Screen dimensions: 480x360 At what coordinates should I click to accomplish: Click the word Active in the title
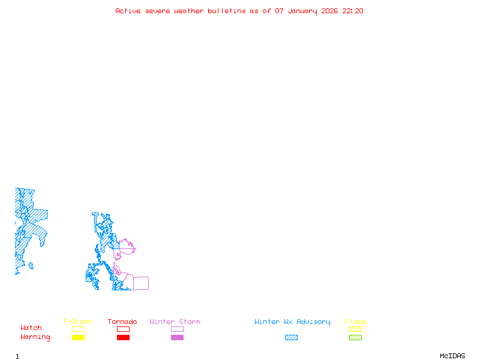pyautogui.click(x=128, y=11)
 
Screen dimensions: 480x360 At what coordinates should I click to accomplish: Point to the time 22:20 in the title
pyautogui.click(x=353, y=11)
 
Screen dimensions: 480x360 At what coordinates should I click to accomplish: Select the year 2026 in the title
pyautogui.click(x=330, y=11)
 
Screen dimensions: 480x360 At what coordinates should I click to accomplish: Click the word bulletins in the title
pyautogui.click(x=226, y=11)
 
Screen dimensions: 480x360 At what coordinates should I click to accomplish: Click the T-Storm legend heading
pyautogui.click(x=77, y=322)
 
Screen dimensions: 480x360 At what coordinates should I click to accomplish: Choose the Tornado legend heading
pyautogui.click(x=122, y=322)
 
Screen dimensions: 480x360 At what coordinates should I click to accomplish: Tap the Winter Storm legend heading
pyautogui.click(x=175, y=322)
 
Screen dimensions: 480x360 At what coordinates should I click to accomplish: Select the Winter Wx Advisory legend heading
pyautogui.click(x=292, y=322)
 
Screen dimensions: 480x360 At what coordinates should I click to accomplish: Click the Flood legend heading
pyautogui.click(x=355, y=322)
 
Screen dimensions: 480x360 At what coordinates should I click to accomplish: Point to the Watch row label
pyautogui.click(x=31, y=328)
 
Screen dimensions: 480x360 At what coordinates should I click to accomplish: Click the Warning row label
pyautogui.click(x=35, y=337)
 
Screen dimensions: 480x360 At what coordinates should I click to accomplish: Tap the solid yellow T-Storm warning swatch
pyautogui.click(x=78, y=338)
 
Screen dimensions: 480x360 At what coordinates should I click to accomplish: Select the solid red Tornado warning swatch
pyautogui.click(x=123, y=338)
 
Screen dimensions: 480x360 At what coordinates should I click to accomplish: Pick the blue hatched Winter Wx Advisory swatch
pyautogui.click(x=291, y=338)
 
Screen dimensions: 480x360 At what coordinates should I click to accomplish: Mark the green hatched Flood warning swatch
pyautogui.click(x=355, y=338)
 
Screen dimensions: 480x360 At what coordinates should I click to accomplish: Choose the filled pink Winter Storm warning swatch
pyautogui.click(x=177, y=338)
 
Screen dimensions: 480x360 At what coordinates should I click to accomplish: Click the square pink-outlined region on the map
pyautogui.click(x=140, y=283)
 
